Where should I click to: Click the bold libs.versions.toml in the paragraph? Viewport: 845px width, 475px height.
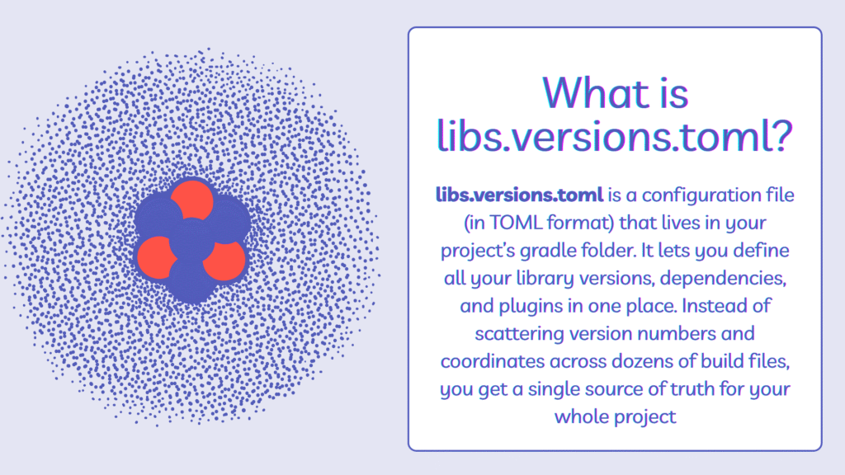[x=519, y=195]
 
